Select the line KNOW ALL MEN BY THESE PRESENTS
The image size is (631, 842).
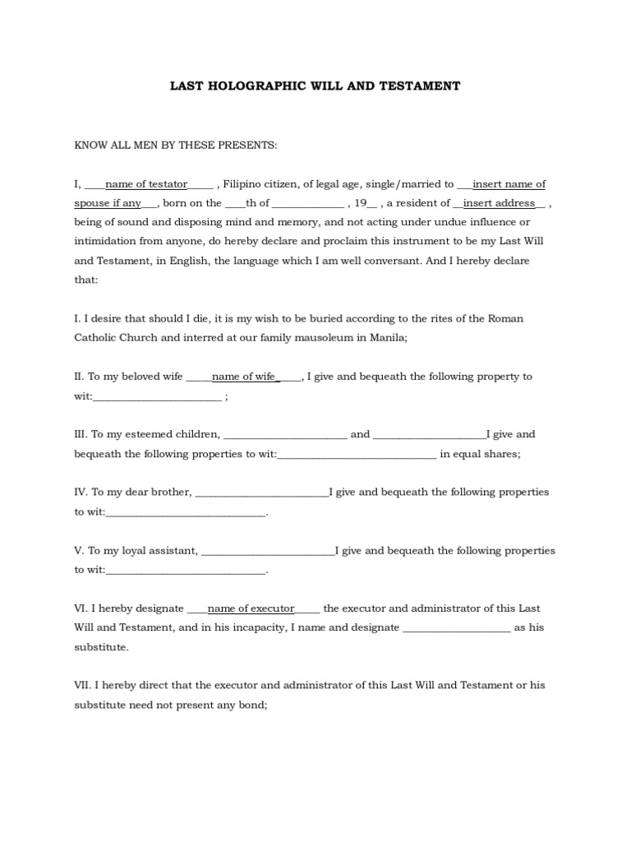[176, 145]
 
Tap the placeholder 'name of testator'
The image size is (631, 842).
[146, 184]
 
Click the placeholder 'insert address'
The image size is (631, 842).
[499, 203]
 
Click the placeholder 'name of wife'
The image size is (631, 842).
[244, 377]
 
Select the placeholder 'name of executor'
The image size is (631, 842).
[251, 608]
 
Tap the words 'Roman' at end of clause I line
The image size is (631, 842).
[507, 318]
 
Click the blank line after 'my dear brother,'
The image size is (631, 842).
[261, 493]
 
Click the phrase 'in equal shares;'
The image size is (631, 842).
[480, 454]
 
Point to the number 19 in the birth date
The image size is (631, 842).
[361, 203]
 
